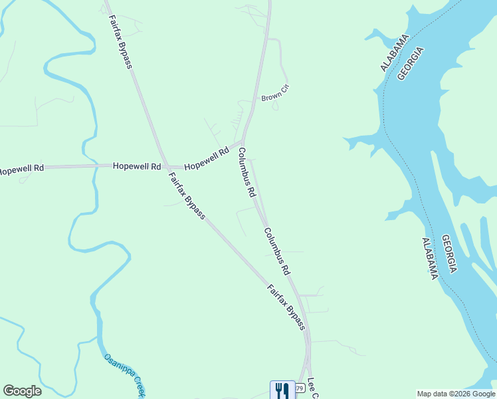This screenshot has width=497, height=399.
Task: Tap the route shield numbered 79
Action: (299, 388)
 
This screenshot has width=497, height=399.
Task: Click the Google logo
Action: (22, 391)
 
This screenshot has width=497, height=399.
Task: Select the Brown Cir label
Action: (275, 94)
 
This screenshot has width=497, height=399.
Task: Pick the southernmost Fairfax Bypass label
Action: (286, 307)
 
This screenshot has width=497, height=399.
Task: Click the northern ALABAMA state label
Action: (393, 55)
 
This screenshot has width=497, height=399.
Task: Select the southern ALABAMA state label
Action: (430, 258)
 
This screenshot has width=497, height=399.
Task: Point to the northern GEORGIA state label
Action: (411, 63)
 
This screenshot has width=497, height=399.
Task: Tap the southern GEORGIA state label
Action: (448, 253)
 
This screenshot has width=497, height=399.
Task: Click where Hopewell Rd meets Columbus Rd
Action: (241, 141)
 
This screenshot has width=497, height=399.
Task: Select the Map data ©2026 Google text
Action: (456, 394)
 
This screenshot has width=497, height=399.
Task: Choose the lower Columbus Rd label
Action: (277, 252)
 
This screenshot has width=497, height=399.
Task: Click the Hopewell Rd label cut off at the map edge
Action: (21, 169)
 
